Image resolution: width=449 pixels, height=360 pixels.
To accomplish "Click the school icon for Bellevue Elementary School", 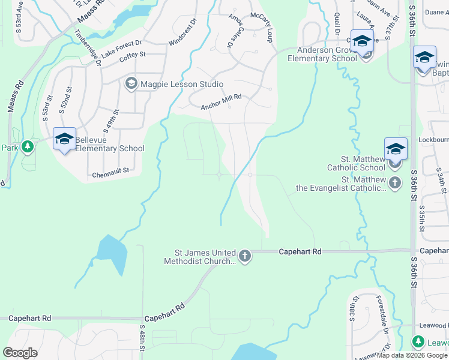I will point(64,139).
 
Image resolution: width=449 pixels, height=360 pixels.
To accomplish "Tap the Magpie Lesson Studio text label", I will point(173,84).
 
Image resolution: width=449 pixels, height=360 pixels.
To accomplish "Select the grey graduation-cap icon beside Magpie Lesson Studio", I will point(131,84).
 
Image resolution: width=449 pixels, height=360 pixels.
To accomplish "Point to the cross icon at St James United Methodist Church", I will point(244,257).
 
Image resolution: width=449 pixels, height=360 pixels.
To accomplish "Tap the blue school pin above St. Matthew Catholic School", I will point(396,149).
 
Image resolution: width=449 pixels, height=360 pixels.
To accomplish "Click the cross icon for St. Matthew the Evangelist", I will point(395,183).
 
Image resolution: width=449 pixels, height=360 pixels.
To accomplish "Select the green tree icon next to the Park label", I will point(27,147).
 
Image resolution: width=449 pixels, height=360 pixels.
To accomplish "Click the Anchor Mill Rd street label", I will point(221,102).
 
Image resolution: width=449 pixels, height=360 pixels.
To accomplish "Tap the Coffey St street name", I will point(133,55).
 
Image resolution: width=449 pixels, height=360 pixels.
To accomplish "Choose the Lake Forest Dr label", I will point(121,47).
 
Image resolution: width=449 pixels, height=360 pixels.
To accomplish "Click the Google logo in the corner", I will point(20,353).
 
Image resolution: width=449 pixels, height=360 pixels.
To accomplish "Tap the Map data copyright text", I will point(412,356).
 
